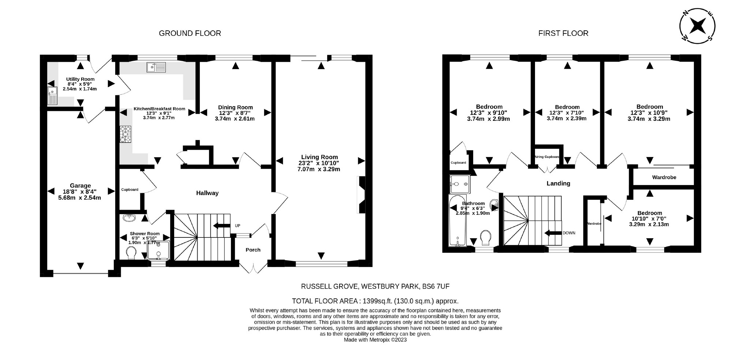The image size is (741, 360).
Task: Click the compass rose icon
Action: tap(697, 26)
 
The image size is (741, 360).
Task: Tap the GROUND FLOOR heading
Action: tap(190, 33)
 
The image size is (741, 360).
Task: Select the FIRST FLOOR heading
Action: tap(563, 33)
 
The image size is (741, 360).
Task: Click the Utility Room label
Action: tap(80, 79)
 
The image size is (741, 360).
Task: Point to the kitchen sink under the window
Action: tap(156, 67)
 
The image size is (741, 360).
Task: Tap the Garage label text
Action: tap(80, 185)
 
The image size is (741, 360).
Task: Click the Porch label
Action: tap(253, 250)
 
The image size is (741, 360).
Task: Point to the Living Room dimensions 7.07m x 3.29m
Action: tap(319, 169)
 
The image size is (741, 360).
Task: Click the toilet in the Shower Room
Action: tap(130, 252)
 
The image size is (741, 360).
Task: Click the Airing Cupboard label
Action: tap(547, 157)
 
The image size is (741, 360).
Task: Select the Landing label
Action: tap(558, 183)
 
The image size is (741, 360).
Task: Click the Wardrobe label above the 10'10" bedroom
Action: tap(664, 177)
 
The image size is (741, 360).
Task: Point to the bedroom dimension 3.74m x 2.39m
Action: tap(566, 119)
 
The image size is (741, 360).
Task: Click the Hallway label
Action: tap(207, 193)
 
